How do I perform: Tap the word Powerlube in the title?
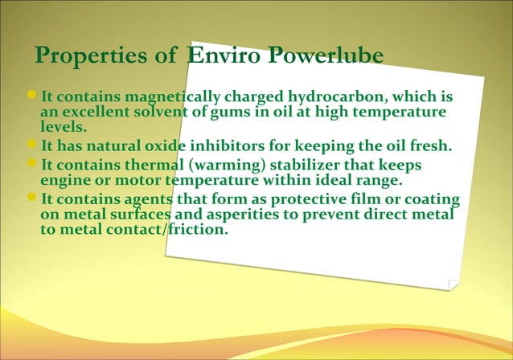pyautogui.click(x=326, y=56)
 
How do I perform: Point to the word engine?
pyautogui.click(x=64, y=180)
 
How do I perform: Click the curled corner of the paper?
pyautogui.click(x=453, y=284)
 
